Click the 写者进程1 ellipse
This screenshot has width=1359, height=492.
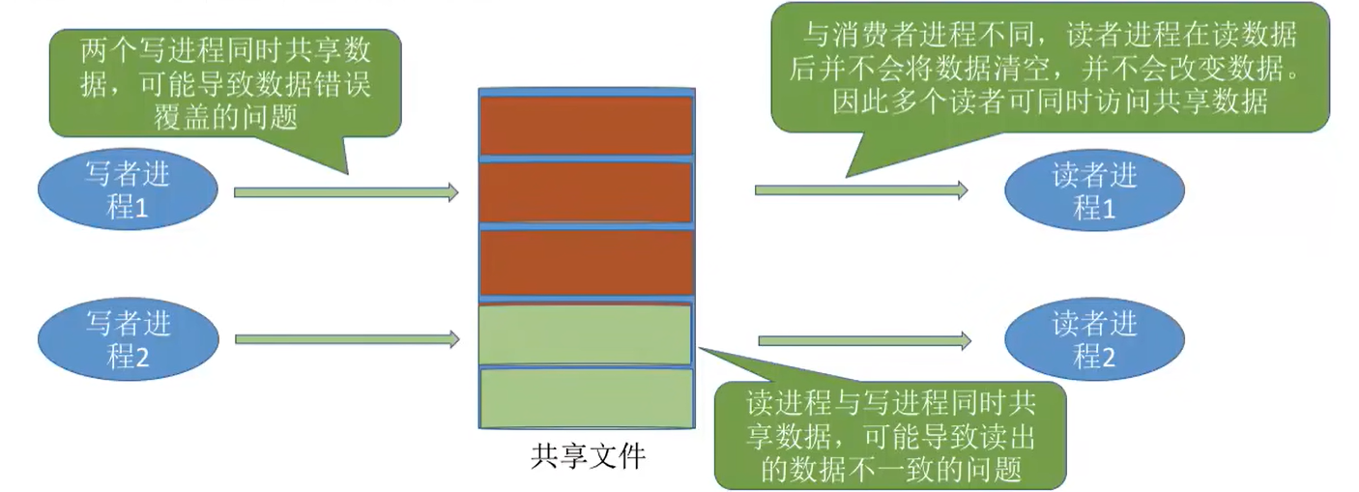[x=128, y=191]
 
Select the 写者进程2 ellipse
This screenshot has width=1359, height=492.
[x=128, y=338]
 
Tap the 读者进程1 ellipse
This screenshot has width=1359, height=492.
[x=1095, y=191]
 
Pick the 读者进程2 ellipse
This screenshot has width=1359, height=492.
[x=1095, y=339]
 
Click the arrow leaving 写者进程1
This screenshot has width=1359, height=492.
[x=345, y=192]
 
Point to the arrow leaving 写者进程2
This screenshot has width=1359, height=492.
[x=345, y=339]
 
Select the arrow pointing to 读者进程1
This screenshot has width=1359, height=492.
[x=860, y=190]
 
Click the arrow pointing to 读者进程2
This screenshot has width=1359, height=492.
[x=864, y=340]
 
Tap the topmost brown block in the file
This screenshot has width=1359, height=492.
[x=587, y=125]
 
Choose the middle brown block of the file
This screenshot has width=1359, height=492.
[x=587, y=191]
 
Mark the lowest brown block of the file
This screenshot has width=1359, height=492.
[x=587, y=261]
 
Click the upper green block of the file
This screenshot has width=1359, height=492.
[x=586, y=333]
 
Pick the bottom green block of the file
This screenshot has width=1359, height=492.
[x=586, y=398]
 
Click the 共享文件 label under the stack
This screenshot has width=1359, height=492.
[x=587, y=456]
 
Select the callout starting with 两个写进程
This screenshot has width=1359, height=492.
[x=224, y=83]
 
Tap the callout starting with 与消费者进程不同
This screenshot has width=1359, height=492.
[x=1050, y=68]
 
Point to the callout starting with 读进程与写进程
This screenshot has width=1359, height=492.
[x=889, y=436]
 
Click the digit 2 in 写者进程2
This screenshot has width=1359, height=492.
[x=142, y=356]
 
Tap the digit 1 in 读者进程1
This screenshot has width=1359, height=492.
[x=1108, y=208]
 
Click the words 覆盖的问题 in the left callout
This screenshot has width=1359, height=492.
[x=224, y=115]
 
